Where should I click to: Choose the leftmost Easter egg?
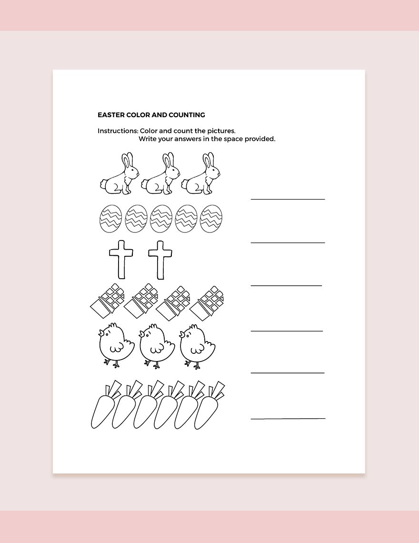[110, 219]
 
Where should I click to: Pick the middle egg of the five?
[161, 219]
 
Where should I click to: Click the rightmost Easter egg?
[211, 219]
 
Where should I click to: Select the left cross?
[121, 259]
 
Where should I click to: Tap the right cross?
[160, 259]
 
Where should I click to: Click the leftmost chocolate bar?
[107, 301]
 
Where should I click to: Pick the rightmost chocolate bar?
[207, 301]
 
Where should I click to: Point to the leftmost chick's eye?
[110, 332]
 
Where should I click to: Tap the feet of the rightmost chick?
[193, 365]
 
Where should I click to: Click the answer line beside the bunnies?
[288, 199]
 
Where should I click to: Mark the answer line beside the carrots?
[288, 418]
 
